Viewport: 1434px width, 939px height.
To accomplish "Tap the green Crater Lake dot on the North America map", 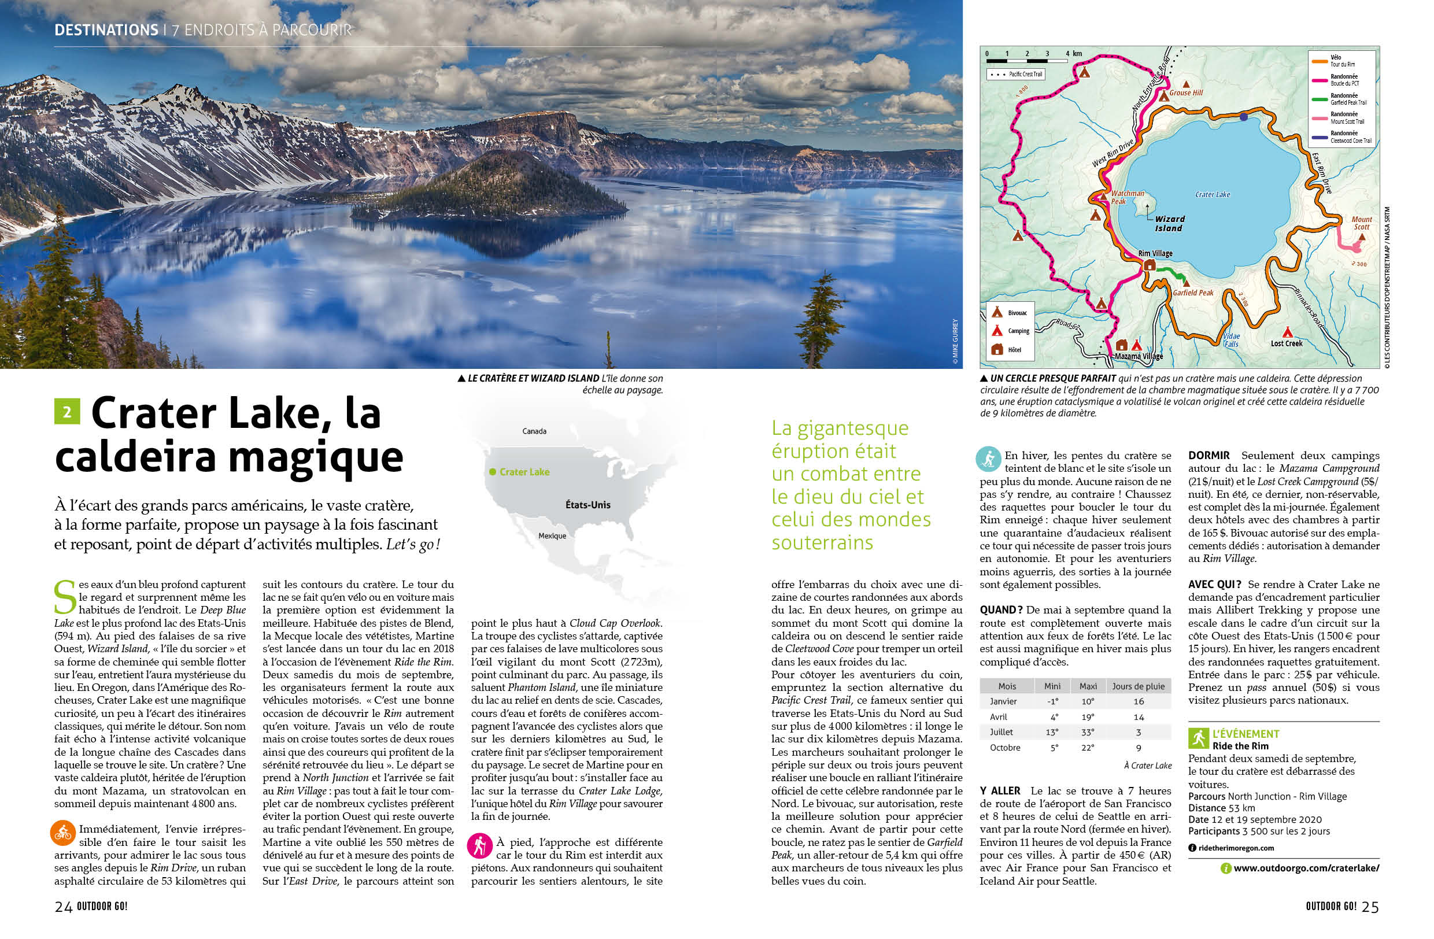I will click(492, 472).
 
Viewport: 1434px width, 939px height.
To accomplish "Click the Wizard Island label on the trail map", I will click(1169, 223).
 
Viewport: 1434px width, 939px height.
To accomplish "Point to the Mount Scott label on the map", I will click(1361, 223).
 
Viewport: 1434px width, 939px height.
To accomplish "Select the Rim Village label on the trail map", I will click(1155, 254).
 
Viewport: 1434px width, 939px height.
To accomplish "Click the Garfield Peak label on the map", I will click(1193, 293).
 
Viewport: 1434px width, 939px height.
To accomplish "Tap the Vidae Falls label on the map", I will click(1231, 341).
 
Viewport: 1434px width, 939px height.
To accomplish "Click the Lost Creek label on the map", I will click(1287, 343).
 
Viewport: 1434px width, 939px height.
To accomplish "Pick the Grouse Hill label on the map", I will click(1186, 93).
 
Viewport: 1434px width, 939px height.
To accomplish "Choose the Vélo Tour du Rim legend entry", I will click(1341, 61).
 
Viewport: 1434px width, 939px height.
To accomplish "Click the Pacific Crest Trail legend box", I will click(1016, 74).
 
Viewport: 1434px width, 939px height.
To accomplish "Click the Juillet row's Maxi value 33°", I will click(1088, 733).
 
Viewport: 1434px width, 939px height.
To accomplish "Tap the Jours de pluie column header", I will click(1138, 686).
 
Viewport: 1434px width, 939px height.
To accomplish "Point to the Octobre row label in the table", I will click(1005, 748).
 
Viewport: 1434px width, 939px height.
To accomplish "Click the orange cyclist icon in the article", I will click(62, 833).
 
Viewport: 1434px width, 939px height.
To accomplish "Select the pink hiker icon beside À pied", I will click(479, 846).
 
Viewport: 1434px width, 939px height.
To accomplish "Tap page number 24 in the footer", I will click(63, 907).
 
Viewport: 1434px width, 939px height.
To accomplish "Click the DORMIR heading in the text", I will click(1208, 456).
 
